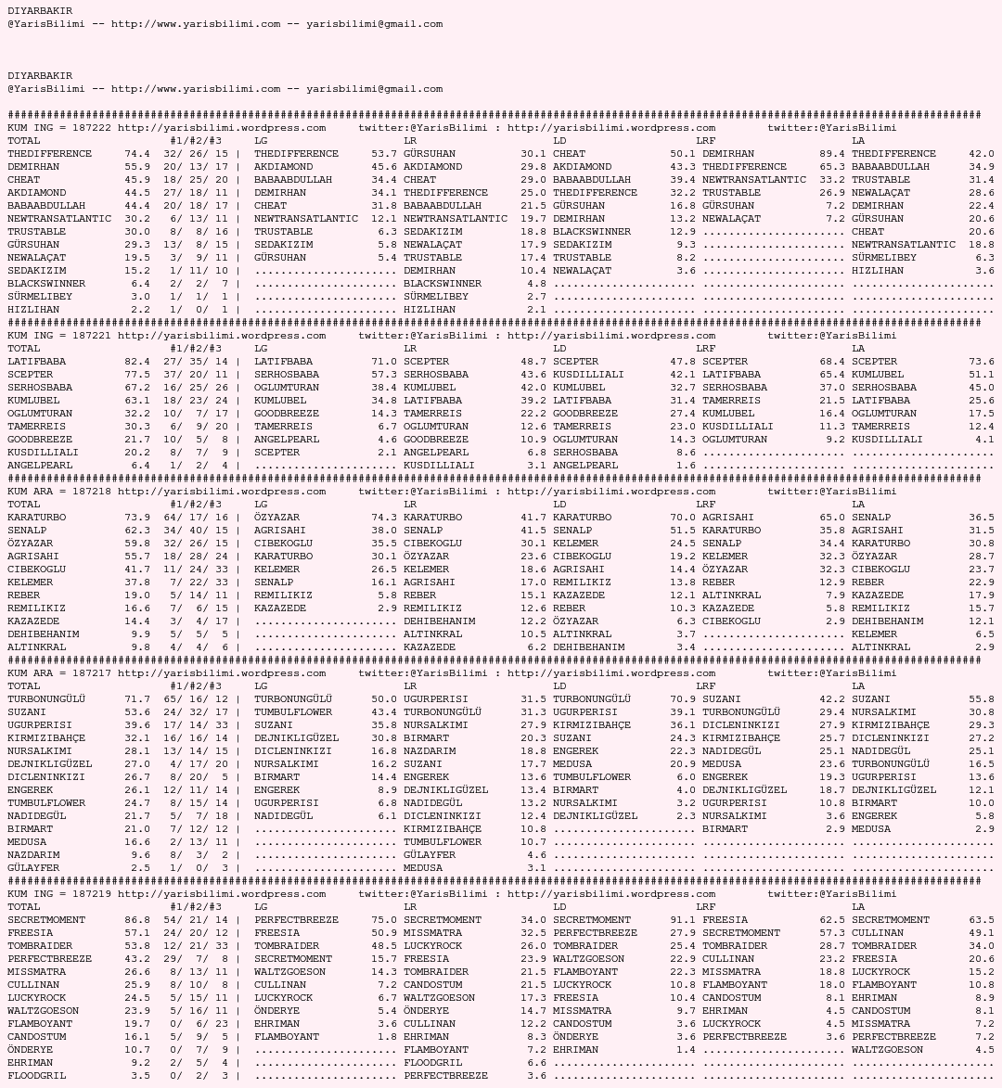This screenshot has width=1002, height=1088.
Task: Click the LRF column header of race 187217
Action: [705, 686]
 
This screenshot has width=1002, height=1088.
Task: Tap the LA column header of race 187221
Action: [858, 349]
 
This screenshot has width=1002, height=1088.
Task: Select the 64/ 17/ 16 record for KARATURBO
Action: [195, 518]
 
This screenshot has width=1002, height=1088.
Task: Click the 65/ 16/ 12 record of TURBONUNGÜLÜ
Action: [195, 699]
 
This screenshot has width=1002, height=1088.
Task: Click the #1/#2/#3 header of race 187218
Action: [195, 505]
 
